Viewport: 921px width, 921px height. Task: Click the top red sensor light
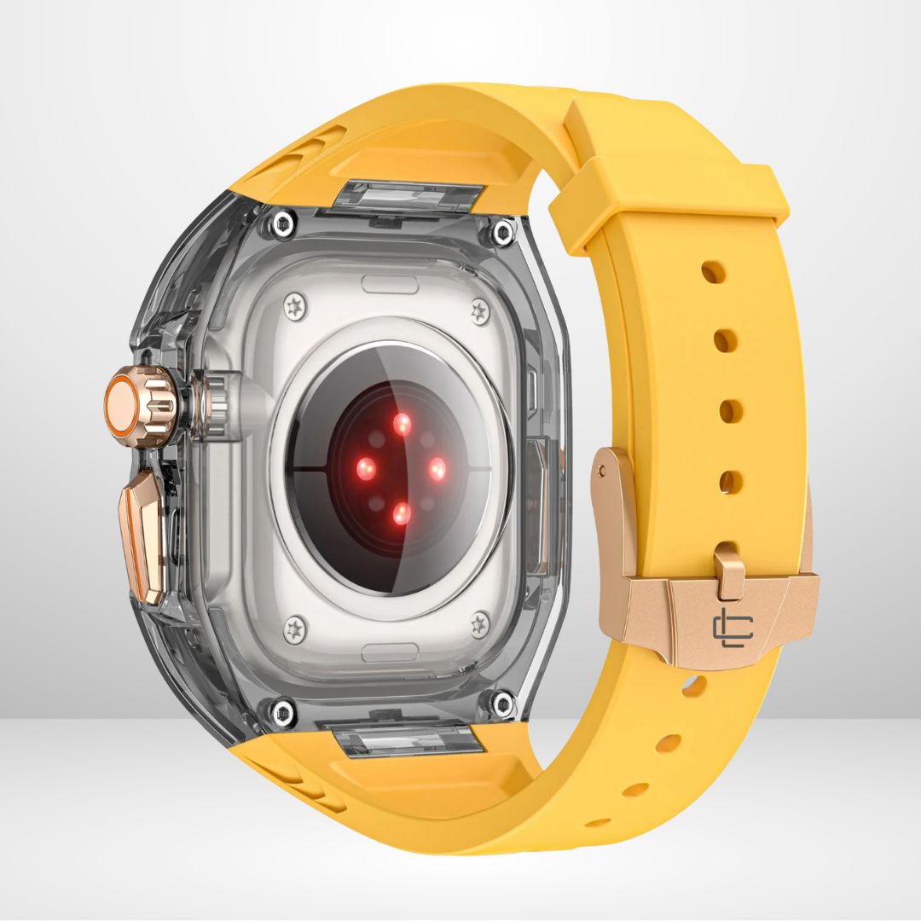401,422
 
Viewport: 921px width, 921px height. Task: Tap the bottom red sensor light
401,513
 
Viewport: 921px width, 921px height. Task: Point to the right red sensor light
436,468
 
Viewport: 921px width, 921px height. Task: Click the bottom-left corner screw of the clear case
281,706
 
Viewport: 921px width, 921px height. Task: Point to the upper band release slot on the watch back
389,284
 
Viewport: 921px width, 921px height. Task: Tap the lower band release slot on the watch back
389,652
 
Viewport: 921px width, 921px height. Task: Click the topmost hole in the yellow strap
714,272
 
